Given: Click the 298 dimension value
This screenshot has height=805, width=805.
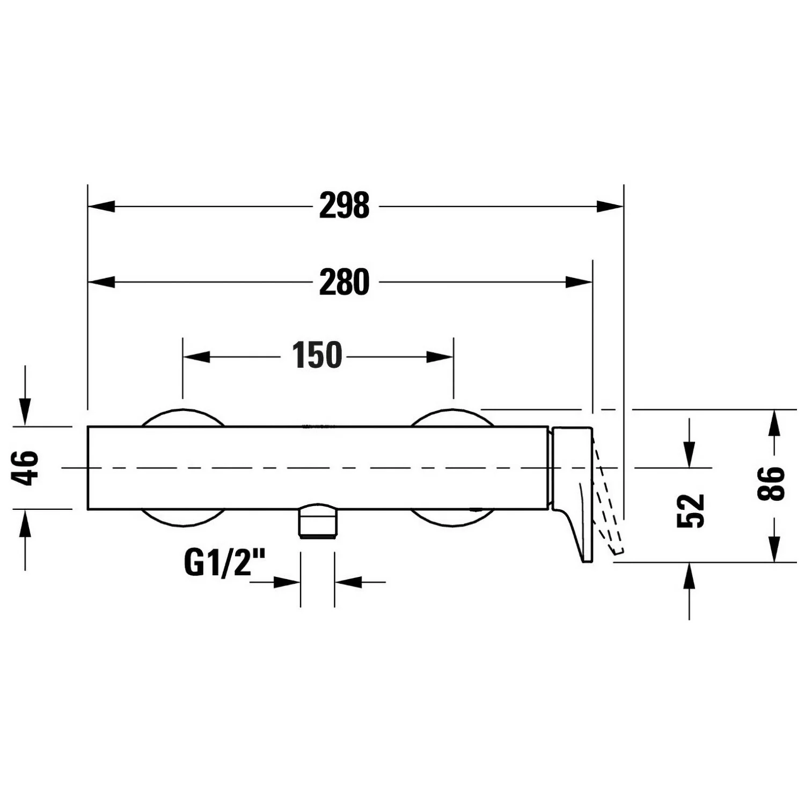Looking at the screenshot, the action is tap(344, 206).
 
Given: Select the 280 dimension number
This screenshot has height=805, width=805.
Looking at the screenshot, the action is tap(344, 282).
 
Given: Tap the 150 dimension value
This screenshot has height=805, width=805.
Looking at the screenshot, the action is tap(317, 355).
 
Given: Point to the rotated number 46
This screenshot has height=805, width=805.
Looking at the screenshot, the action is tap(26, 468).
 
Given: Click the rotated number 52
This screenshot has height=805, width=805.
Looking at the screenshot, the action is tap(690, 510).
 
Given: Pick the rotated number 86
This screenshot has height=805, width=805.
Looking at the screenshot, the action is tap(771, 484).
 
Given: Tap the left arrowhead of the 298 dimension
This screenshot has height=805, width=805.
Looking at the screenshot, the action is tap(101, 206).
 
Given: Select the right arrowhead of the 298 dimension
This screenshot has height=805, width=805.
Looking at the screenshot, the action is tap(610, 206).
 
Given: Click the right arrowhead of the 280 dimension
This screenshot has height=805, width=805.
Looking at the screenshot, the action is tap(579, 282).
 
